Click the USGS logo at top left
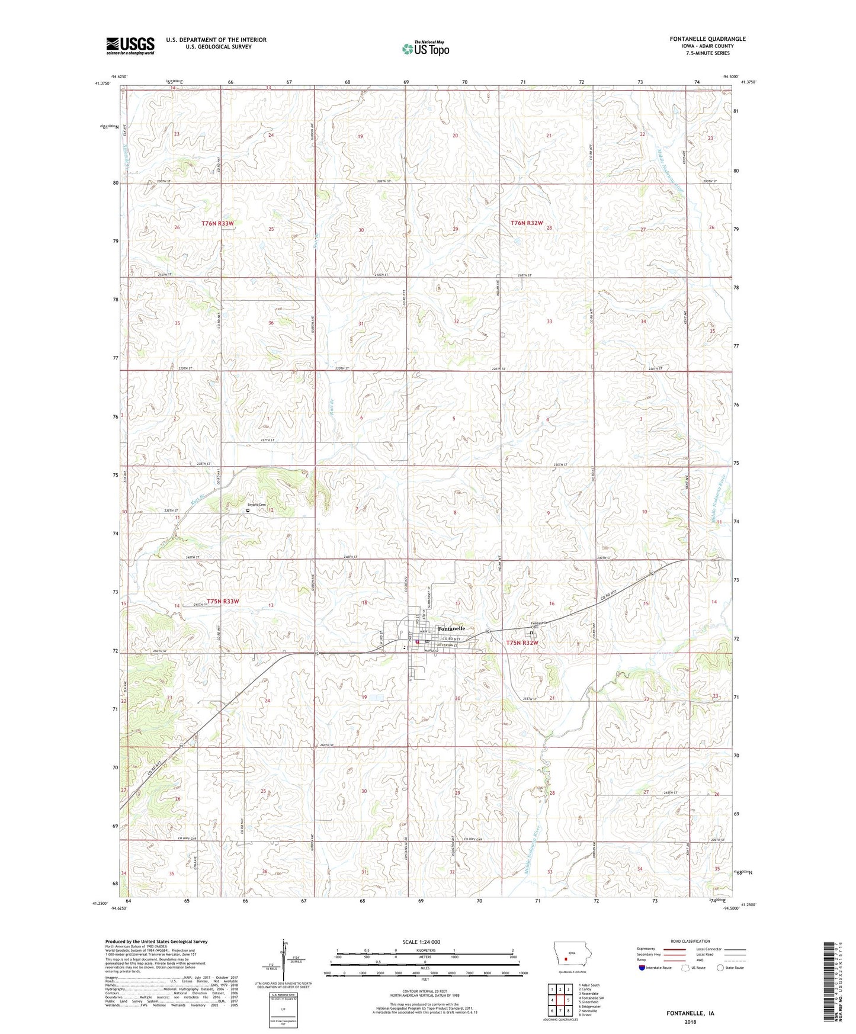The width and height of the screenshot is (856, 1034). click(130, 45)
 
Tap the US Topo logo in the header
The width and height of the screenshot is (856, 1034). click(425, 48)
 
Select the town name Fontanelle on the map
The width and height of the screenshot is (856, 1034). click(451, 628)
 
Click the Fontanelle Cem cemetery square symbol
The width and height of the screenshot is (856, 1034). click(531, 632)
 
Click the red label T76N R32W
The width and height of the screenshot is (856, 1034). click(527, 223)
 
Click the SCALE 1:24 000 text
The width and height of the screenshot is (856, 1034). click(421, 942)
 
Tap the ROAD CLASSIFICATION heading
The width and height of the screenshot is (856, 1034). click(690, 941)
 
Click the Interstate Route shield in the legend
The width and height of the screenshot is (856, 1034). click(643, 968)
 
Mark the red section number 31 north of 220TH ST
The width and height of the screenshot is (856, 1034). click(361, 324)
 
